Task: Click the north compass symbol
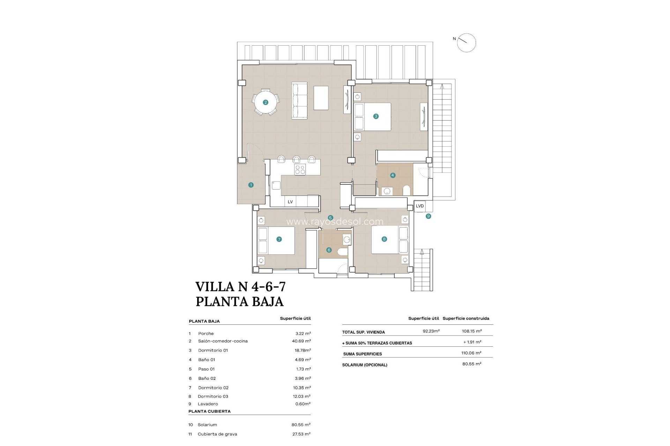[466, 43]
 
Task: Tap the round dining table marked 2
[266, 102]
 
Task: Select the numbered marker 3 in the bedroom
[376, 116]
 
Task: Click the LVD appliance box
[420, 206]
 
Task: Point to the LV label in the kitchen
[290, 202]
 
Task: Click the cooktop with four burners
[300, 170]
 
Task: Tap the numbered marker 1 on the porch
[251, 185]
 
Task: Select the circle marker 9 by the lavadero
[429, 216]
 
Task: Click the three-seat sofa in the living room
[299, 101]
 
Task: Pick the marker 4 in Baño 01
[393, 175]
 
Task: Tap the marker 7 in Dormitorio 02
[279, 239]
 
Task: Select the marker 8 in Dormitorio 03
[384, 239]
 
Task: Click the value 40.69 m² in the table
[301, 341]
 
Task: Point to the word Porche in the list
[206, 333]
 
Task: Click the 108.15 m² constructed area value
[471, 331]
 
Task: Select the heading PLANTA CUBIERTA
[209, 411]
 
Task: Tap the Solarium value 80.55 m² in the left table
[301, 425]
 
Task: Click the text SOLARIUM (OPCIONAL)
[365, 365]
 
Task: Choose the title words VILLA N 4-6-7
[240, 287]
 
